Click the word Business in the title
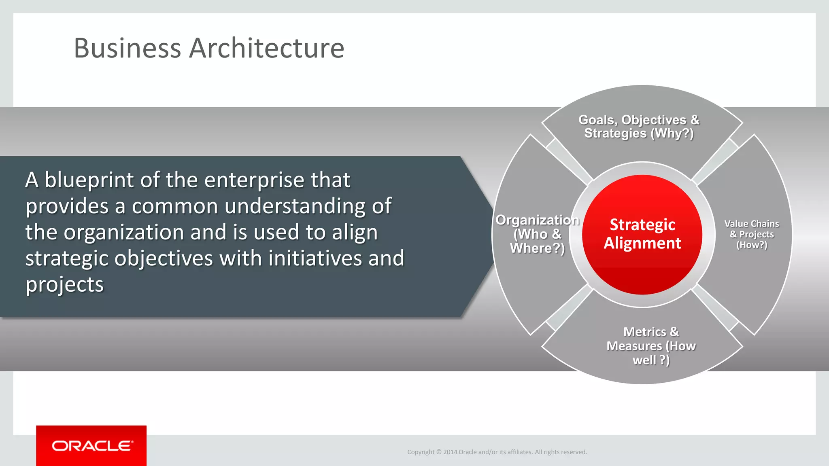[127, 49]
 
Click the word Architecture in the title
[267, 49]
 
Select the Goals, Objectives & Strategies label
[639, 127]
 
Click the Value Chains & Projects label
[752, 234]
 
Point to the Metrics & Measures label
[651, 346]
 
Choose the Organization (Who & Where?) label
[537, 234]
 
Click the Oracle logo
[91, 446]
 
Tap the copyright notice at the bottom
[497, 452]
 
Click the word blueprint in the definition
[89, 180]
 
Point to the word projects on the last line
[65, 285]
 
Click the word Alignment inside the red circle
[642, 243]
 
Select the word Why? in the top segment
[672, 133]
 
